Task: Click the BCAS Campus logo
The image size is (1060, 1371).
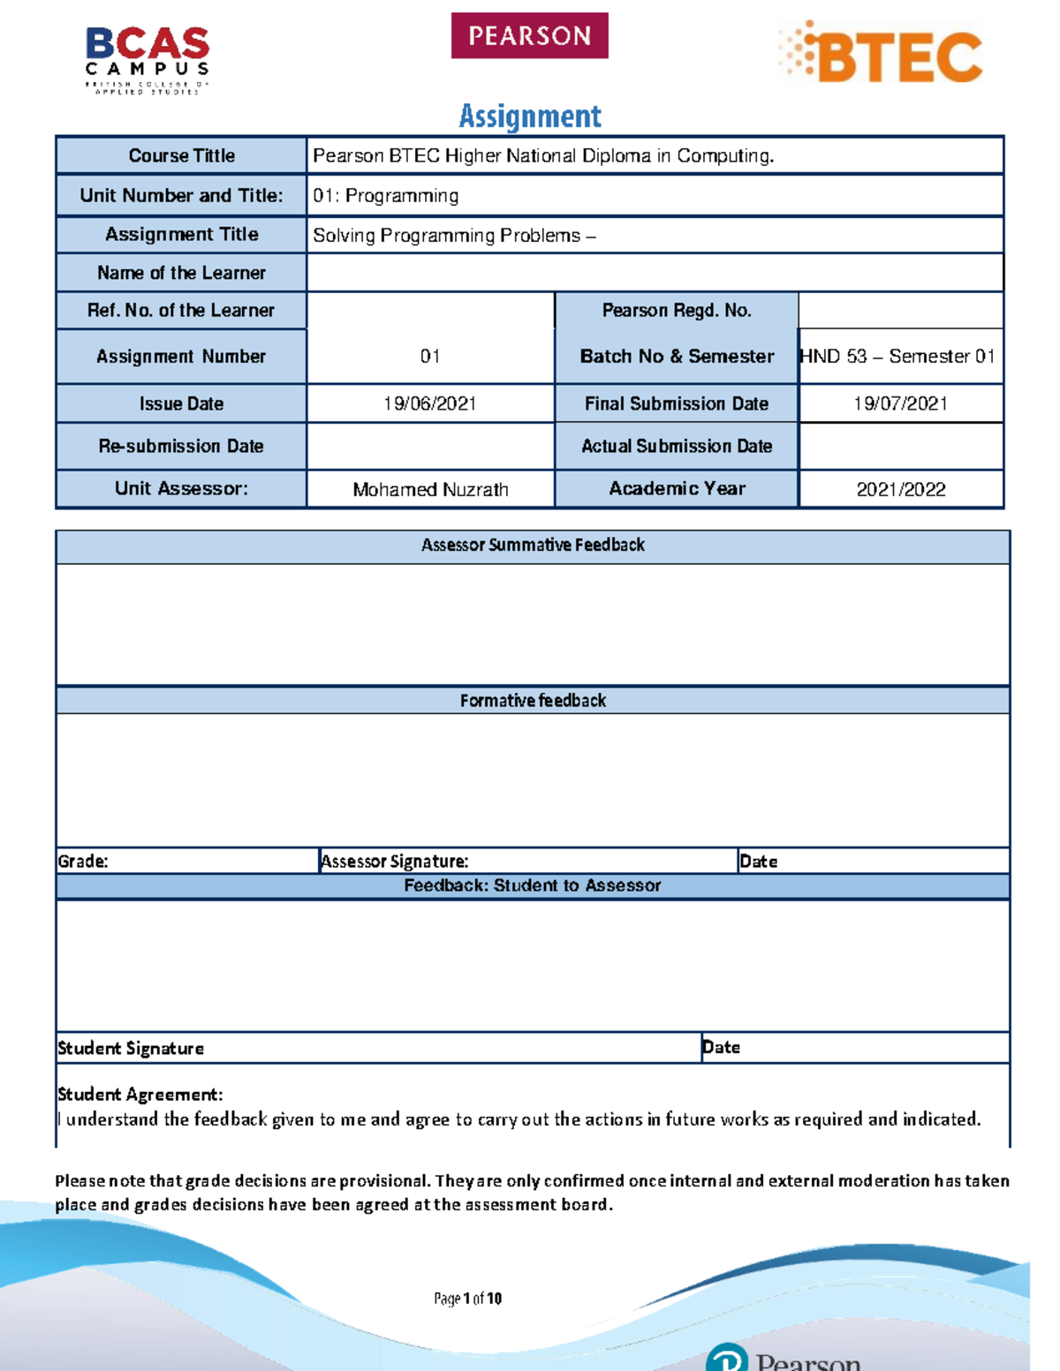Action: [x=148, y=58]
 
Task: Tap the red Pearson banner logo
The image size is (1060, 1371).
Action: [x=529, y=35]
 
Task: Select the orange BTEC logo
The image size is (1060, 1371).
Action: [x=882, y=54]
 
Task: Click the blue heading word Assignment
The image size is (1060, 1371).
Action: [x=530, y=116]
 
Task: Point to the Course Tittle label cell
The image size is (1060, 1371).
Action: [x=181, y=155]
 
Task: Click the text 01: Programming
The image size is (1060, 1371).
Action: [x=385, y=195]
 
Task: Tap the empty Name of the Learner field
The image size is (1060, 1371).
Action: [x=654, y=273]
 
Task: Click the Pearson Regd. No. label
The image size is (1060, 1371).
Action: [x=676, y=310]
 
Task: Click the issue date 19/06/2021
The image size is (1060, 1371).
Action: [x=429, y=403]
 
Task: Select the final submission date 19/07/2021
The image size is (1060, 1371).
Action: [x=900, y=403]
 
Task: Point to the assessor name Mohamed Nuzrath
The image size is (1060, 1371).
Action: [x=430, y=489]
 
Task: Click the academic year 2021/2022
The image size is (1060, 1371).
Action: [x=900, y=489]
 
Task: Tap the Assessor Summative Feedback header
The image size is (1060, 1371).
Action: [x=533, y=545]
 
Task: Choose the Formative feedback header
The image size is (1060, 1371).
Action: [x=533, y=700]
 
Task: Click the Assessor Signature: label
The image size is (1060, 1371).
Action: [x=395, y=861]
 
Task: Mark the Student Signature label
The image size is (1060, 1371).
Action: [x=131, y=1048]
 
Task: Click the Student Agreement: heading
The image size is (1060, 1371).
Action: [x=140, y=1094]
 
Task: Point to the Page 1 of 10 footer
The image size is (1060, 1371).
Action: [x=467, y=1298]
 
